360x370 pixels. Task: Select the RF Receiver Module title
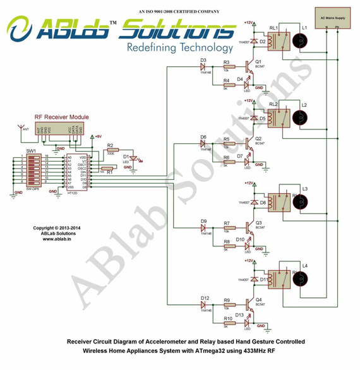click(x=62, y=117)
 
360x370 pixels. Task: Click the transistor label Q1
click(x=258, y=61)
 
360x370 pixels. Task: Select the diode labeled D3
click(x=203, y=61)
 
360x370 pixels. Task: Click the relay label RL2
click(x=273, y=104)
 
